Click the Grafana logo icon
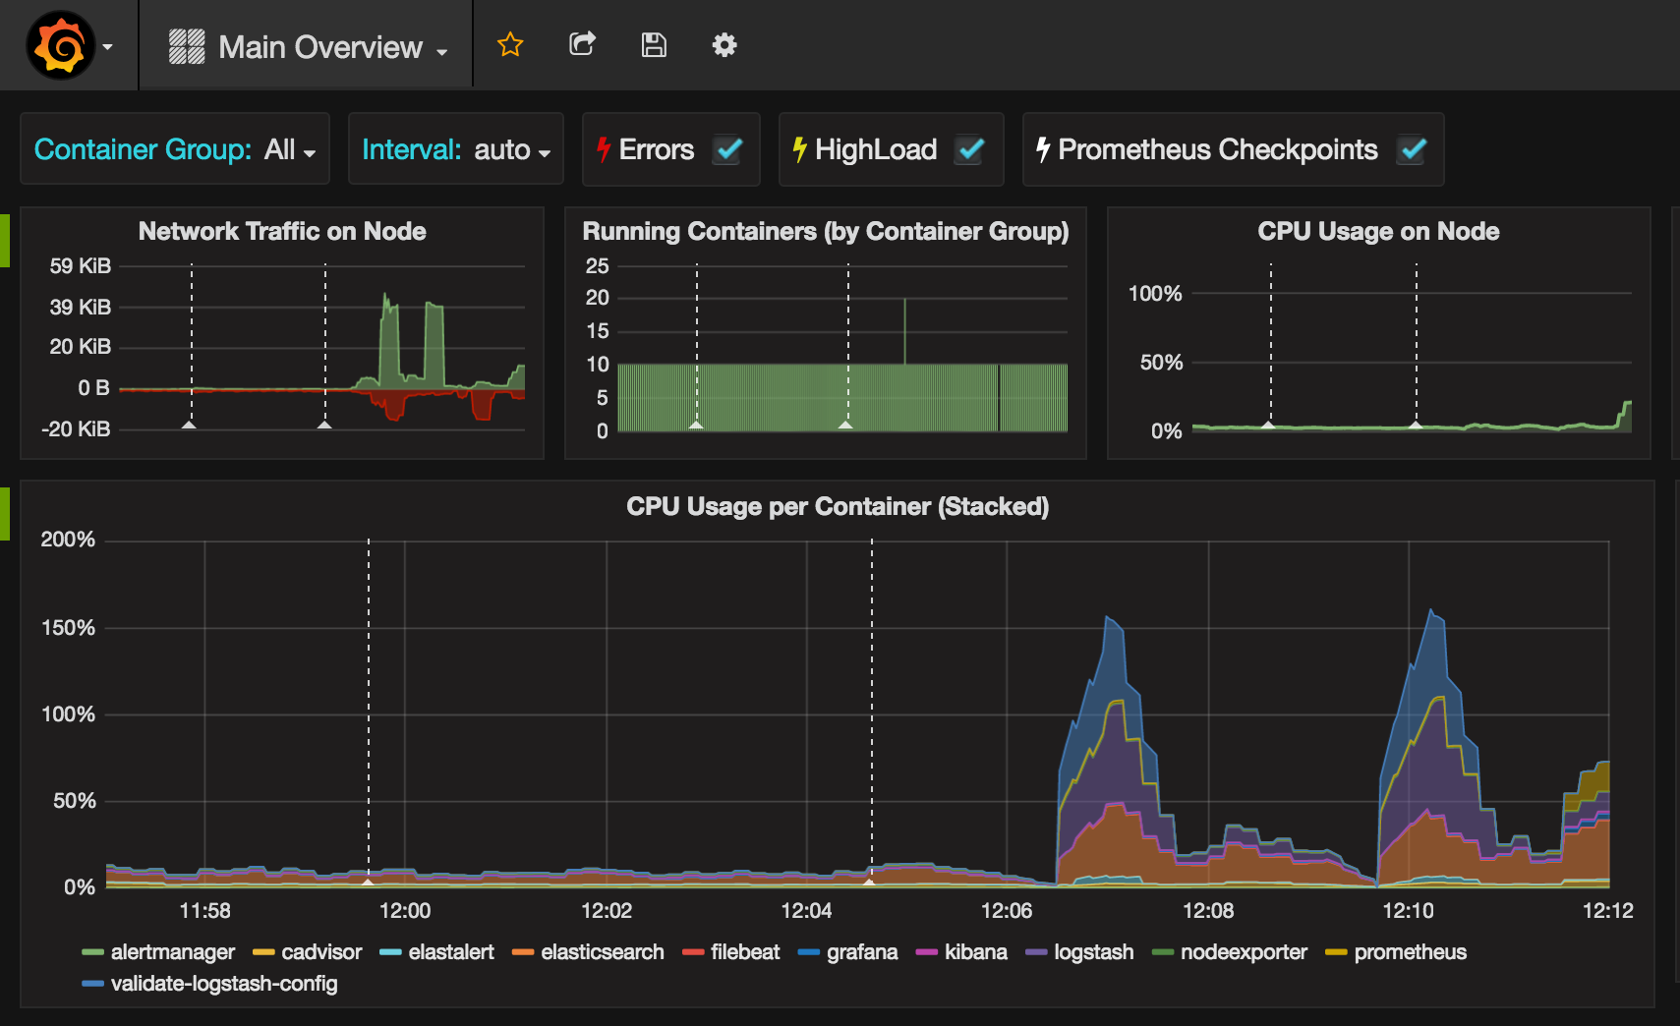[61, 45]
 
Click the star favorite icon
[510, 45]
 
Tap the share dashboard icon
[582, 44]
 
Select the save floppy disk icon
[654, 45]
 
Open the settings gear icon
[724, 45]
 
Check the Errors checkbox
[727, 149]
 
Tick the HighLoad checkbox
[970, 149]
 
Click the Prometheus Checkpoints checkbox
[1413, 149]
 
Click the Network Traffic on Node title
[282, 231]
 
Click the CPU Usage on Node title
[1378, 231]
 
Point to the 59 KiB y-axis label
[80, 265]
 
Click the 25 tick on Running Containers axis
[597, 265]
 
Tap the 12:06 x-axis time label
[1007, 910]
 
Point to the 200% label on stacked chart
[68, 540]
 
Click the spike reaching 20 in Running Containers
[904, 331]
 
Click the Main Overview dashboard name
[320, 47]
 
